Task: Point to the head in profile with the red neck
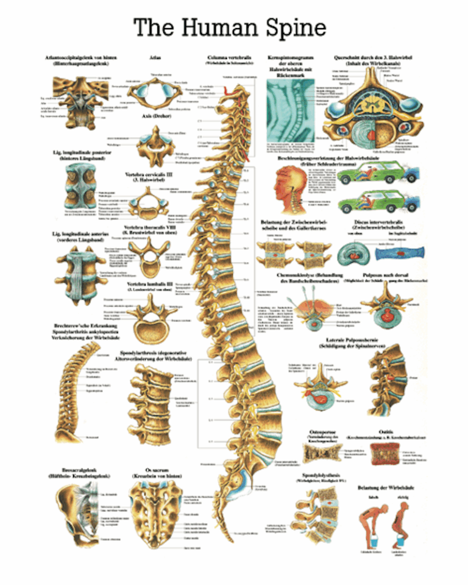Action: click(x=286, y=182)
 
